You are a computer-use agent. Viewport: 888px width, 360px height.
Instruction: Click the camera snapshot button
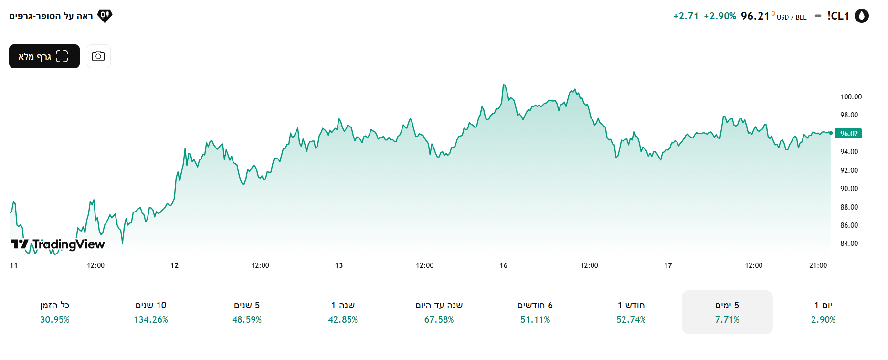pos(98,56)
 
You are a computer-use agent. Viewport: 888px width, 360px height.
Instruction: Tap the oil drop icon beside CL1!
pos(861,16)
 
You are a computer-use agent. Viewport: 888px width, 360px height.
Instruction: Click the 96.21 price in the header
pos(755,16)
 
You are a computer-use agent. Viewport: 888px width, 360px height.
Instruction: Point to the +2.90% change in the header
pos(720,16)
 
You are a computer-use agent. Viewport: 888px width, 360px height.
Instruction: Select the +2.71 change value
pos(686,16)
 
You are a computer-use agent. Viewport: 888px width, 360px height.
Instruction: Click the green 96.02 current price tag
pos(848,134)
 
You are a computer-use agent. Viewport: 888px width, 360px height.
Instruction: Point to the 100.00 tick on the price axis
pos(851,97)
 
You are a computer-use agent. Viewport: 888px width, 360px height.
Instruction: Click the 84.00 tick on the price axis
pos(849,244)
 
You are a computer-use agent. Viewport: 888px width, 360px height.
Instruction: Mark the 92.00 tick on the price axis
pos(849,170)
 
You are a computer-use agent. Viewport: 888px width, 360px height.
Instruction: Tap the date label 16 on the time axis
pos(503,265)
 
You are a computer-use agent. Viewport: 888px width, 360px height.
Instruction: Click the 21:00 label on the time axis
pos(818,265)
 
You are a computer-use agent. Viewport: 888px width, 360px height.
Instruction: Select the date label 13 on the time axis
pos(339,265)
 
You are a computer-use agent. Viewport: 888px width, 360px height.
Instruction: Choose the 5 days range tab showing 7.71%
pos(727,312)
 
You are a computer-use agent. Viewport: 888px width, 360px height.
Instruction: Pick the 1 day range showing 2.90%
pos(823,312)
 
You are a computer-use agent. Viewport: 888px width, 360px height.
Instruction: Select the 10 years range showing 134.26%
pos(151,312)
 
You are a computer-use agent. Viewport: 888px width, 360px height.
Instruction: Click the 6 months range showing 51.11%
pos(535,312)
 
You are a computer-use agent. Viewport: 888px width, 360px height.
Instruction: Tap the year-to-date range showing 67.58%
pos(439,312)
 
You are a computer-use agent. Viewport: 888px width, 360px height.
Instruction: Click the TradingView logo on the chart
pos(58,244)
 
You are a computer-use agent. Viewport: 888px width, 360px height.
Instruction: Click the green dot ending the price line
pos(831,133)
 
